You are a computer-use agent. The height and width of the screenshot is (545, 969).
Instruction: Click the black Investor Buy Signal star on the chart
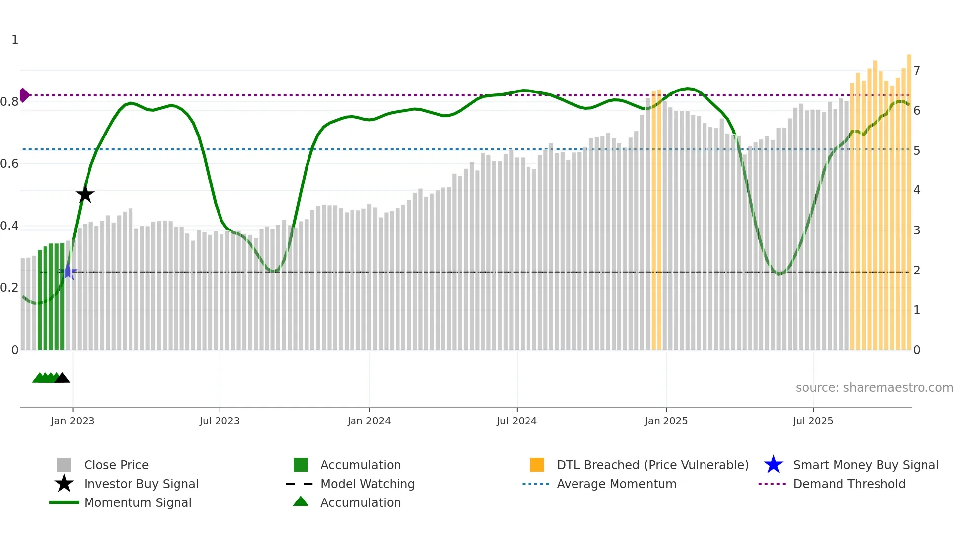point(85,195)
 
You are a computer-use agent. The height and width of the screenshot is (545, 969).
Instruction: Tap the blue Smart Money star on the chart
point(68,272)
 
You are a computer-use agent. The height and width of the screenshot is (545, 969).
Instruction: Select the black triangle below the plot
point(62,378)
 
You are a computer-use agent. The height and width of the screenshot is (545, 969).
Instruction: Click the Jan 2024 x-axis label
point(369,421)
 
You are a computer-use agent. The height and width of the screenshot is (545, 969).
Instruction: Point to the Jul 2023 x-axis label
point(220,421)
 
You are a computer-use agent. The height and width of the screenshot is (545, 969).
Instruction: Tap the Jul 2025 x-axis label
point(813,421)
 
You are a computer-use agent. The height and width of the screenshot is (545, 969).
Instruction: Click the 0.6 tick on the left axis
point(9,164)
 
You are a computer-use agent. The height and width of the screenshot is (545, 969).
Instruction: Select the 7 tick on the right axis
point(917,71)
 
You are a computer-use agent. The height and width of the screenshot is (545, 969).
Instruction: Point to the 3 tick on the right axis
point(917,230)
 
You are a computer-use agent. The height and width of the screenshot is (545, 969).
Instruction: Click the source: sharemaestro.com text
point(874,388)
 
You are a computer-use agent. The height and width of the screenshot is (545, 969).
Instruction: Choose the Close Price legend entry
point(116,465)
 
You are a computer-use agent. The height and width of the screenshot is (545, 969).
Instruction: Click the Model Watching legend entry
point(367,484)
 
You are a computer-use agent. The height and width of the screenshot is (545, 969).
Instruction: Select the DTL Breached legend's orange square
point(537,465)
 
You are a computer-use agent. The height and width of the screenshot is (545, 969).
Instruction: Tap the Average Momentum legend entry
point(617,484)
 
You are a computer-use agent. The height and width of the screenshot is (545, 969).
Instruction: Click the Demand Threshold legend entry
point(849,484)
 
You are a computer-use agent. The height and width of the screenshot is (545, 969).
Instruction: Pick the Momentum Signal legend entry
point(137,503)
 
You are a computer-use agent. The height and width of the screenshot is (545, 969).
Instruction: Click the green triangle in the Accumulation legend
point(301,501)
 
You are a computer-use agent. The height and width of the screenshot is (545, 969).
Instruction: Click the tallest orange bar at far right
point(909,198)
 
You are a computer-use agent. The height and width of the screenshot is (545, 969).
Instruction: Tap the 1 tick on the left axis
point(15,40)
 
